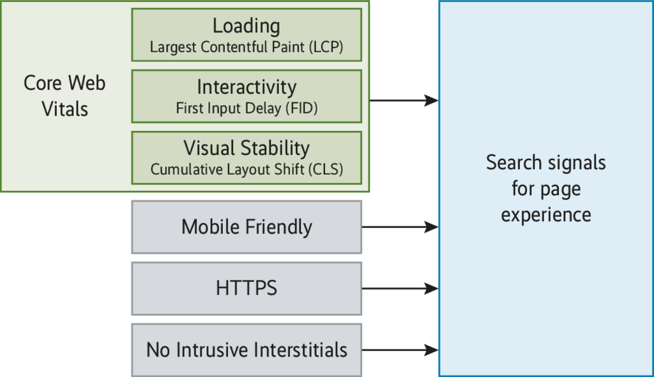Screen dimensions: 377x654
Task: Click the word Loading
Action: (247, 26)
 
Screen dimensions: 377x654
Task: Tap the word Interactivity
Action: (247, 87)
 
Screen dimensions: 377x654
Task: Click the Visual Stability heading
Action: (247, 148)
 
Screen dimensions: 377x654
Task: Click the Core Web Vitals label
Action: (65, 96)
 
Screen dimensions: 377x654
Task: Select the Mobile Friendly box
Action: (247, 227)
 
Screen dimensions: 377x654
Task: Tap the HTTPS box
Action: (247, 288)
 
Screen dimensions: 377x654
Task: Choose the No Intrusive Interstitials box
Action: (247, 350)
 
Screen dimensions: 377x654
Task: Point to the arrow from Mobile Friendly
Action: (400, 227)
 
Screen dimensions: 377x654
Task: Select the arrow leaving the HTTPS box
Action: (400, 288)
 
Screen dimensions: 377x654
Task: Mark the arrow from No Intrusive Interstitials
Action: (400, 350)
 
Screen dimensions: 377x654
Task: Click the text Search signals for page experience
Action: (546, 189)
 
